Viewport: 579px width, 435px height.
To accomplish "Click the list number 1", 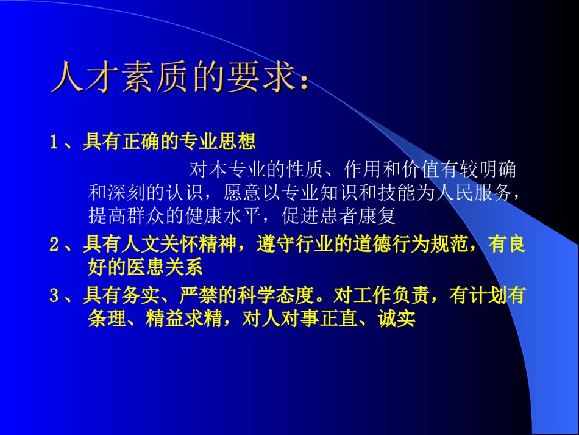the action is (54, 142).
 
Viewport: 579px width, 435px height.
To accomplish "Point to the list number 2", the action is (54, 244).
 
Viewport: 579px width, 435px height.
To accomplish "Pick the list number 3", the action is (54, 295).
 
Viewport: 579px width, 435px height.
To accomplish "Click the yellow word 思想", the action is (236, 142).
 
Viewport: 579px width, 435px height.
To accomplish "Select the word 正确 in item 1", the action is (141, 142).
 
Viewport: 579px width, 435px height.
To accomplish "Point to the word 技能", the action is (397, 192).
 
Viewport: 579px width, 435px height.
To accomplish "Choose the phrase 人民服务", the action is (474, 192).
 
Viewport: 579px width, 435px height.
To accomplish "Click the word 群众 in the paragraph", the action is (146, 215).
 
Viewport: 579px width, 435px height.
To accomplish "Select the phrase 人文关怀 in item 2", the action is (160, 244).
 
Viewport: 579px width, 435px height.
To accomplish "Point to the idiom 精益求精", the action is (184, 318).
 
